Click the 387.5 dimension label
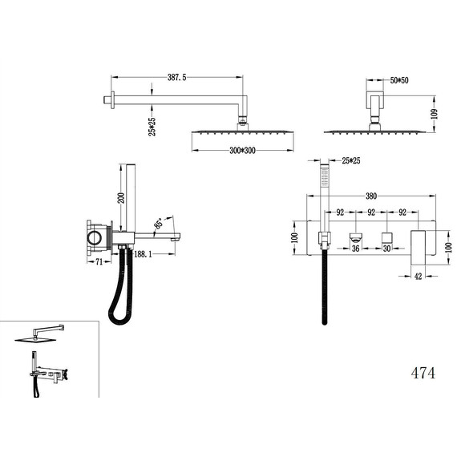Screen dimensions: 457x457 coord(176,78)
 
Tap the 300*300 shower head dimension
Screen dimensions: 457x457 coord(242,151)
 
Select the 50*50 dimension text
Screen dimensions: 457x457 coord(399,80)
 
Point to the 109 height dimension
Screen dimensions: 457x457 coord(435,114)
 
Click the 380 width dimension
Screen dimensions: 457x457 coord(371,196)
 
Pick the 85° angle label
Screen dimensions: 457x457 coord(159,223)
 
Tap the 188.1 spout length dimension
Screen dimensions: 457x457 coord(143,254)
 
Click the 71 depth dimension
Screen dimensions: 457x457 coord(99,261)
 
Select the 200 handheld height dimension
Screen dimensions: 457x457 coord(122,198)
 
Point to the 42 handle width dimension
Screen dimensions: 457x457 coord(419,276)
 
